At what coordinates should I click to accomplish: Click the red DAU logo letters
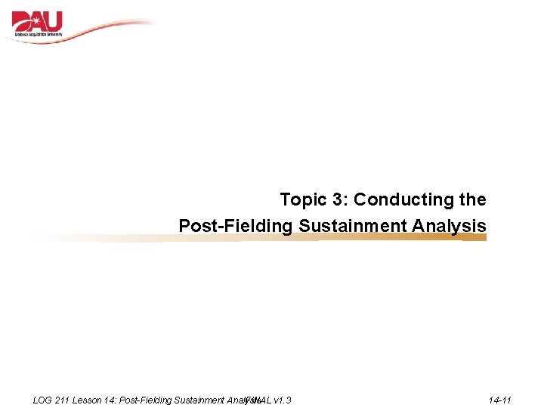point(38,22)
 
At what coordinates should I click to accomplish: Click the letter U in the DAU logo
point(54,21)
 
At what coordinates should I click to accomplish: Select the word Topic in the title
point(302,200)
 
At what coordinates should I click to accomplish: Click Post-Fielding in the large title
point(236,226)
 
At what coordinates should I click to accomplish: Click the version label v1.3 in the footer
point(283,400)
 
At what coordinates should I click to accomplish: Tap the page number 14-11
point(500,400)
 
